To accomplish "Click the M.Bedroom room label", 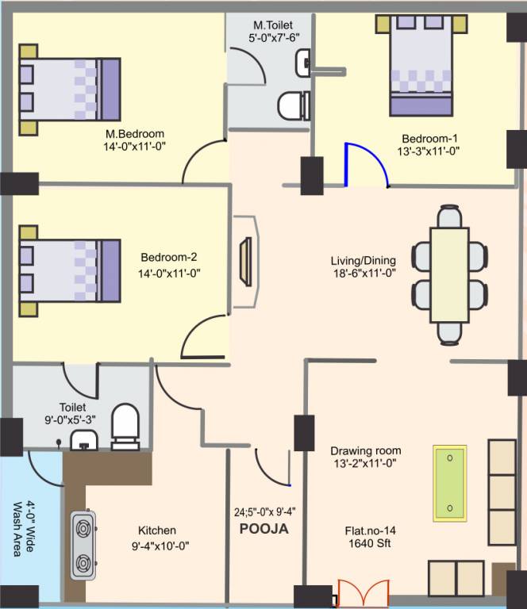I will pos(135,133).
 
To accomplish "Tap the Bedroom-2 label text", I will pos(168,257).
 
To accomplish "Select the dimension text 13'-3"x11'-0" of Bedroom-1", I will pos(429,149).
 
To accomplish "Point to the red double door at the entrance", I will pos(363,593).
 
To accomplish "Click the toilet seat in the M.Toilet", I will pos(294,105).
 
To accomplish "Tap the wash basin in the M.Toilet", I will pos(302,61).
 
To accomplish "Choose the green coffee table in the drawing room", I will pos(450,483).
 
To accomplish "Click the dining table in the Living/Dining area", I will pos(451,274).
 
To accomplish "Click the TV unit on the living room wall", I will pos(246,261).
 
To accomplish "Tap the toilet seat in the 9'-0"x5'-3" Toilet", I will pos(125,423).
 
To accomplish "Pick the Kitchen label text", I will pos(157,530).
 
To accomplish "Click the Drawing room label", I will pos(364,450).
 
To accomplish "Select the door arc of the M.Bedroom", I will pos(202,159).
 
